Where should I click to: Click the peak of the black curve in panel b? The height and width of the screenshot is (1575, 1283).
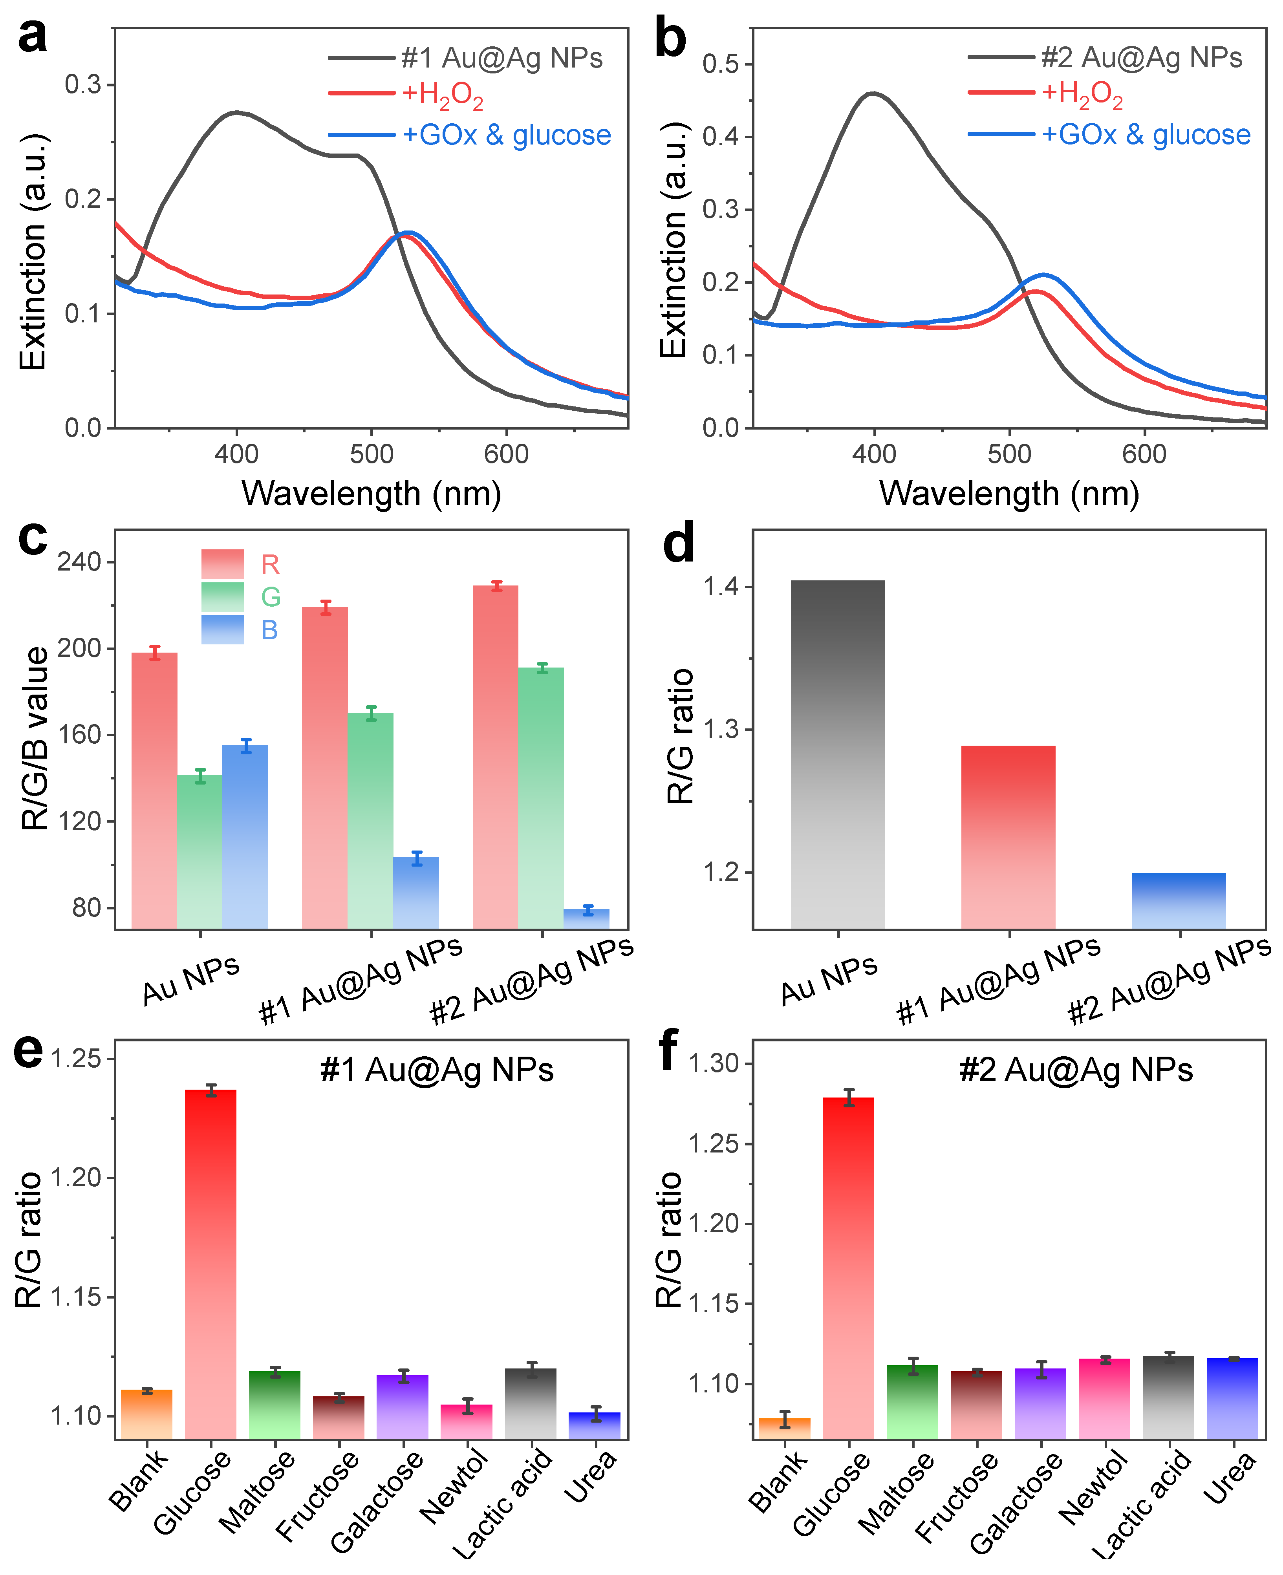coord(873,93)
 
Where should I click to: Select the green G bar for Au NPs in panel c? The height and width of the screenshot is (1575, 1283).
coord(199,850)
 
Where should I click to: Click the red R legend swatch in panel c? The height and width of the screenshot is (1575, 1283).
coord(222,564)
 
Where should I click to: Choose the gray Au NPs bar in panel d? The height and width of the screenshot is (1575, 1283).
coord(837,754)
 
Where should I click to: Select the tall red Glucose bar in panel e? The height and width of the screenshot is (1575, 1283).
coord(210,1264)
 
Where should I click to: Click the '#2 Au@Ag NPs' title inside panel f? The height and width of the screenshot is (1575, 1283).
coord(1075,1070)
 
